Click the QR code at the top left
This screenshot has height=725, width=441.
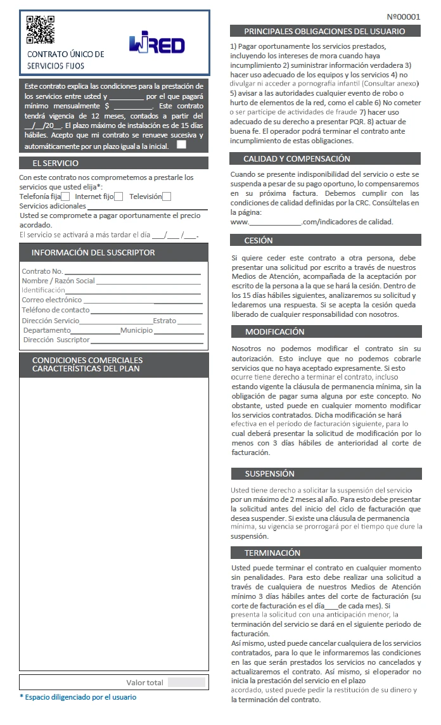[x=40, y=29]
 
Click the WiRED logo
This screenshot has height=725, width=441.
[x=157, y=44]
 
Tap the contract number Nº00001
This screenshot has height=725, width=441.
[x=403, y=16]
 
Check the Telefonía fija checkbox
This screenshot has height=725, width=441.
[x=65, y=196]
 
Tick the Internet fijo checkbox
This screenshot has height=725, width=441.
[x=118, y=196]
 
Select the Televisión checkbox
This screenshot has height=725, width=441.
[x=167, y=196]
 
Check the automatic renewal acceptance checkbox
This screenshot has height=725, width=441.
[x=182, y=145]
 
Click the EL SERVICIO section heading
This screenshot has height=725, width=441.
[x=56, y=164]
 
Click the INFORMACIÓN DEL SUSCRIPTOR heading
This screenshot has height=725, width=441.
[x=93, y=253]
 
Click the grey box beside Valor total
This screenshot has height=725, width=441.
[x=186, y=683]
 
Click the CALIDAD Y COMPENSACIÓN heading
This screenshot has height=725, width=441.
[x=297, y=159]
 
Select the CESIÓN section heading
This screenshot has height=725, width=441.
[x=259, y=241]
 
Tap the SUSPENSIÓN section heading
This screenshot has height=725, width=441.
[x=269, y=473]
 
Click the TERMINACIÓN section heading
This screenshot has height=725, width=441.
[x=272, y=553]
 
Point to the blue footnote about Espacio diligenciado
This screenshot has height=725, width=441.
[x=78, y=697]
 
